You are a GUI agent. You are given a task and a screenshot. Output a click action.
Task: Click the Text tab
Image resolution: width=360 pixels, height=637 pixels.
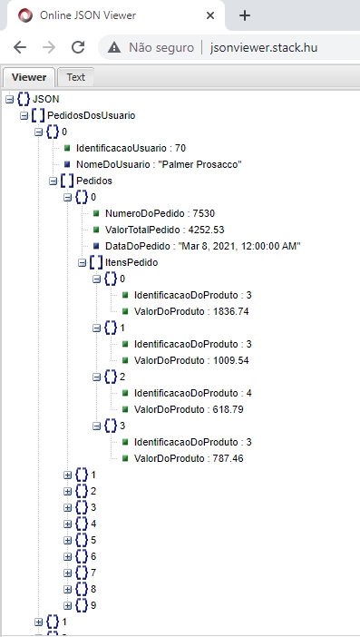coord(75,77)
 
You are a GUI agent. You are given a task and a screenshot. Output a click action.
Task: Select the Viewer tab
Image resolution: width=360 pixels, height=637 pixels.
coord(29,77)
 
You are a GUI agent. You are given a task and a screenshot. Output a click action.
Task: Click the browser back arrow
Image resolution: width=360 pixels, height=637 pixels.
coord(20,47)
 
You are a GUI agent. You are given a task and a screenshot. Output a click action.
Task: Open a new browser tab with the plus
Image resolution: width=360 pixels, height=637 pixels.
coord(244,15)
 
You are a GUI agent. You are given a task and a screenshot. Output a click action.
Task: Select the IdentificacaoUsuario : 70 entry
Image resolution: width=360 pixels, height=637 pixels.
coord(131,148)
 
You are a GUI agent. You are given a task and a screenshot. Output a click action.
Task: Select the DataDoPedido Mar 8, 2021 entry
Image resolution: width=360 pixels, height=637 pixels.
coord(196,245)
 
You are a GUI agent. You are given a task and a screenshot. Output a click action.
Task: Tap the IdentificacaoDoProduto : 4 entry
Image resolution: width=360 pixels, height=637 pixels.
coord(191,392)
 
